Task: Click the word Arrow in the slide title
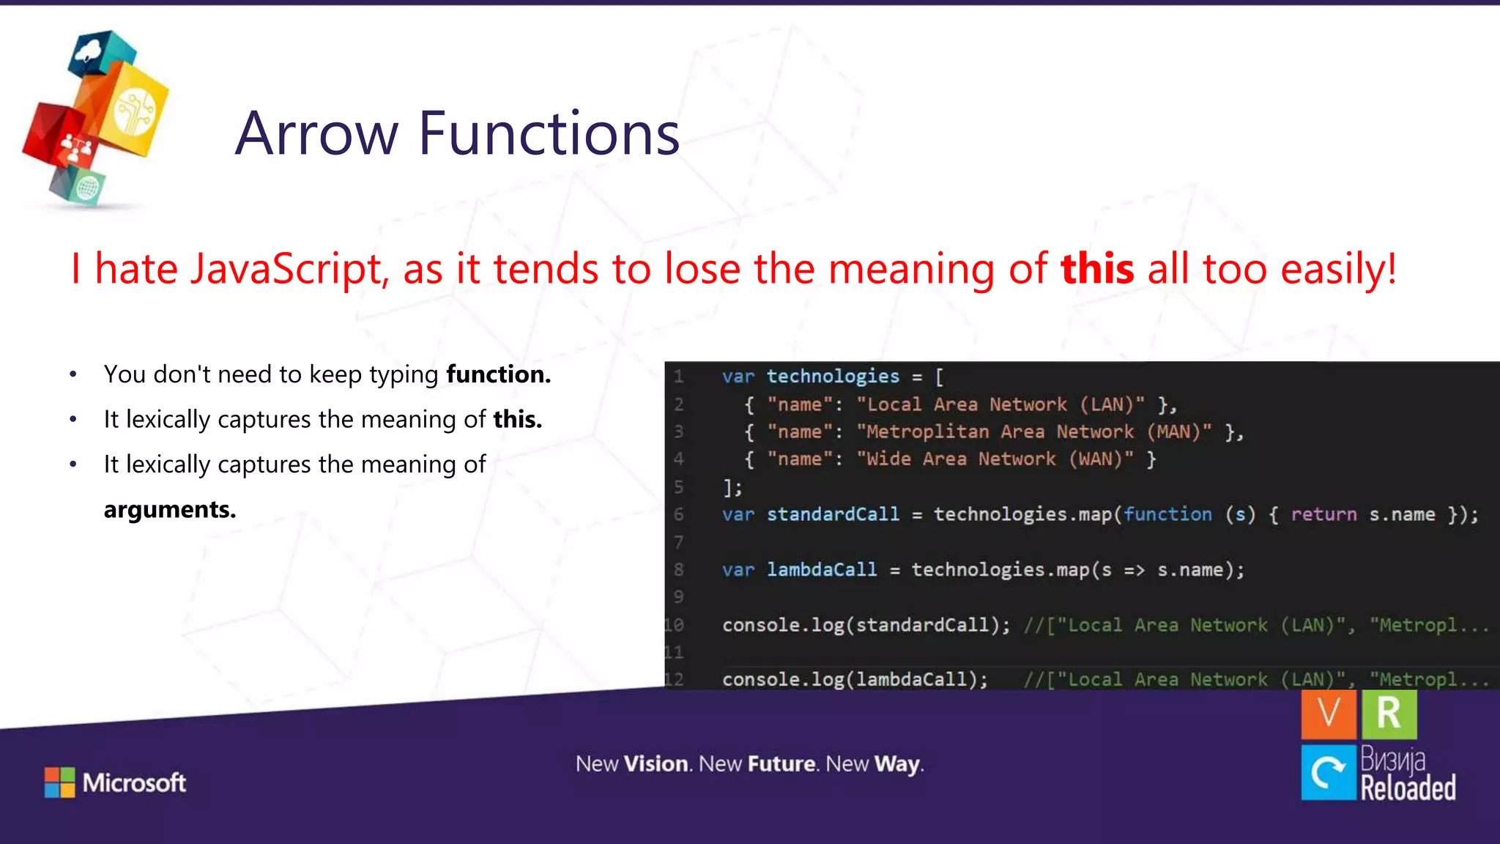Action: point(316,133)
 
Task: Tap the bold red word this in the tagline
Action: point(1097,268)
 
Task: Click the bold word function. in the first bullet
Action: point(498,374)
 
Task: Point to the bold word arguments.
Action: point(170,509)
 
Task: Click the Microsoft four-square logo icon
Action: point(59,782)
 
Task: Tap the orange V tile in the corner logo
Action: point(1328,714)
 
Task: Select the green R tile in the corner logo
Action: point(1389,714)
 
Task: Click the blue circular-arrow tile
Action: point(1328,772)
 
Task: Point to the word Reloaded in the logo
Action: point(1408,788)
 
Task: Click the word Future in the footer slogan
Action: point(781,764)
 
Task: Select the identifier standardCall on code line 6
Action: point(833,514)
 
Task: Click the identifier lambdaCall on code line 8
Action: point(821,569)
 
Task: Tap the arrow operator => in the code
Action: point(1134,570)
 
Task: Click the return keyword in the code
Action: point(1323,514)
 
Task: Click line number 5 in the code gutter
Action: point(679,487)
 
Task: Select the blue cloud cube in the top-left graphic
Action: point(101,53)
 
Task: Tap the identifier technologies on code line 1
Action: point(833,377)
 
